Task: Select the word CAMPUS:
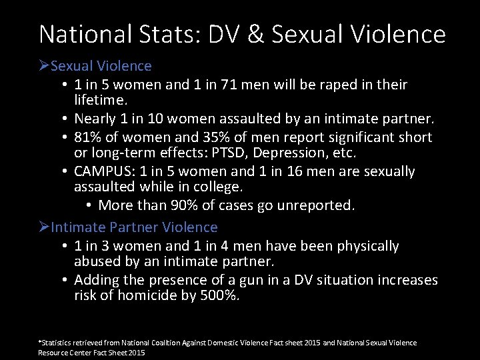[103, 171]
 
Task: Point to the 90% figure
[187, 205]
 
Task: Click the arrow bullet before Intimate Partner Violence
[44, 227]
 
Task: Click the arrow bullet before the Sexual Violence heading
[44, 66]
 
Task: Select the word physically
[365, 246]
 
